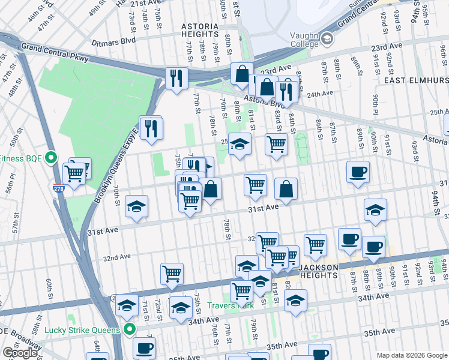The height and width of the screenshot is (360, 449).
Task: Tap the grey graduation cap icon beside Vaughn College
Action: coord(327,38)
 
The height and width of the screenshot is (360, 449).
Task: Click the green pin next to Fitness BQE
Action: coord(52,158)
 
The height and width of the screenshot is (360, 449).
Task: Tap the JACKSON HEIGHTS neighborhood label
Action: coord(324,267)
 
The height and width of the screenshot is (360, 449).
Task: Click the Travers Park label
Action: coord(231,305)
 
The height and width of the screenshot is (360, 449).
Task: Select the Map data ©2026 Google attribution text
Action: coord(412,355)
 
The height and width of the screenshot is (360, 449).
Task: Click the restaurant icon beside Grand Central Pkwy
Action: coord(176,78)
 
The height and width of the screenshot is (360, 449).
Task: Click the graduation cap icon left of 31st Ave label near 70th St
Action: coord(137,207)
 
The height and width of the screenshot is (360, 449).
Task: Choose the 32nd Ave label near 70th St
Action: coord(117,257)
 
